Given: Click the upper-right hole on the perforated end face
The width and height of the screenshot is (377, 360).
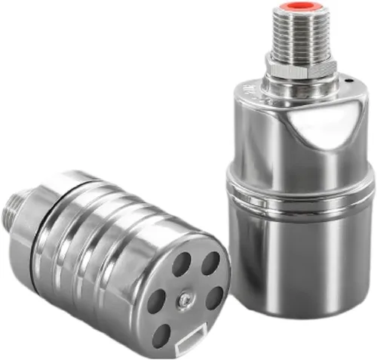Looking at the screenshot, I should (210, 263).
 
